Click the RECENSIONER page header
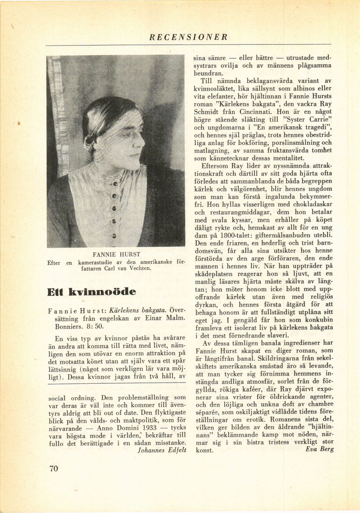coord(188,37)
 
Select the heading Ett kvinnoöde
coord(91,292)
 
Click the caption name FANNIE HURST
coord(116,254)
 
